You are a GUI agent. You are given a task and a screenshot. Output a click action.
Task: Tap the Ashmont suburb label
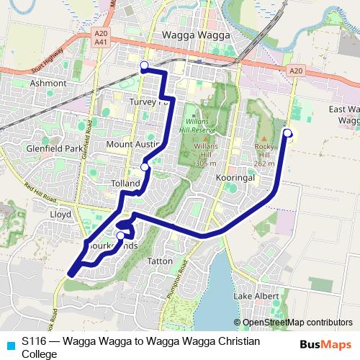[48, 84]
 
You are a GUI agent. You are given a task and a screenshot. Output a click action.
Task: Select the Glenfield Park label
[34, 148]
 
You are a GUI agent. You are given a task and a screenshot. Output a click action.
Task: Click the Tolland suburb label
[126, 184]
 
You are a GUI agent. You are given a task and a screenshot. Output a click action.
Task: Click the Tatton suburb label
[159, 260]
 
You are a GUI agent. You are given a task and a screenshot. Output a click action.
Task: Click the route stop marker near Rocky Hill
[287, 132]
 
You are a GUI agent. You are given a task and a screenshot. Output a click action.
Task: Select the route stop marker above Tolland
[145, 167]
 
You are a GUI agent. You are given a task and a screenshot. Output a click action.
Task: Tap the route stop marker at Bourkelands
[121, 235]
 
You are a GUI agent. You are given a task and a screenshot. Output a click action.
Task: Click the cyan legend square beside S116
[10, 345]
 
